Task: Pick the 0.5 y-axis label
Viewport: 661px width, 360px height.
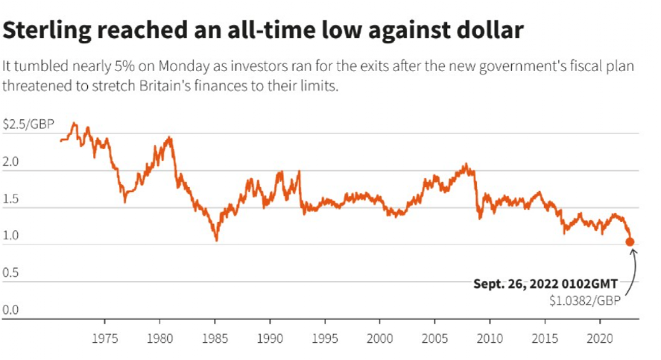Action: coord(12,273)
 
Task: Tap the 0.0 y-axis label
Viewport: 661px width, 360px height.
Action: coord(12,309)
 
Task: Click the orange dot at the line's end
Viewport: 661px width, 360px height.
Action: coord(630,241)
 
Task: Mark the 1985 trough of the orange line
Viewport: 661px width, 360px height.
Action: coord(216,240)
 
